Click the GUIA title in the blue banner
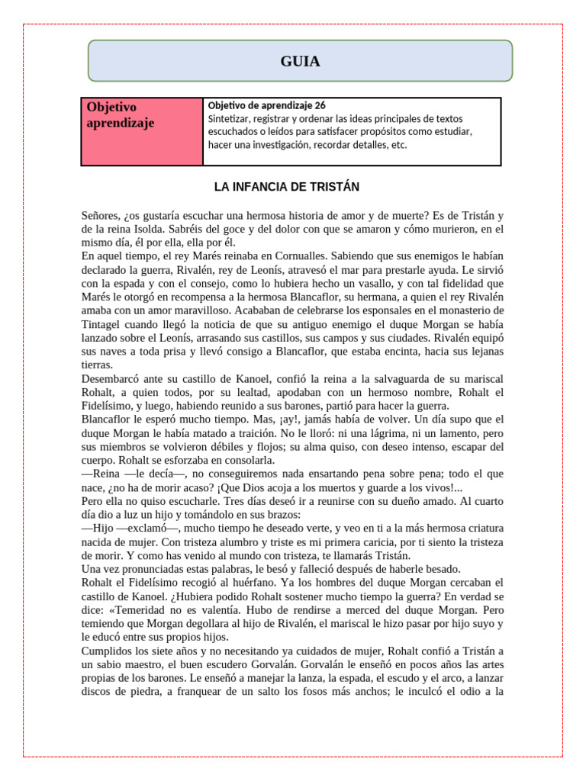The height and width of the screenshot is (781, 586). click(x=300, y=62)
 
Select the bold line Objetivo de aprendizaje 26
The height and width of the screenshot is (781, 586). click(x=266, y=105)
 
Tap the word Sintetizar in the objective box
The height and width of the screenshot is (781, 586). click(x=232, y=119)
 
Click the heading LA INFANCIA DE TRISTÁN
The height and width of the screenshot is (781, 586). click(x=286, y=187)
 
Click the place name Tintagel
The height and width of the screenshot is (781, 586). click(x=105, y=324)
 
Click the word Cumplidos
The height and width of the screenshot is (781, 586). click(x=111, y=651)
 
